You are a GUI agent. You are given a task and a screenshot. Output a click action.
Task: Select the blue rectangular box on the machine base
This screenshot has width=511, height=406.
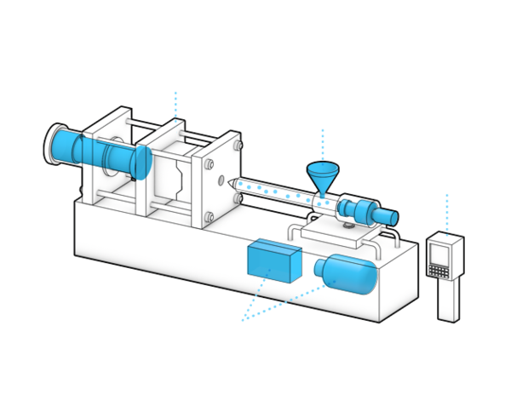pos(273,262)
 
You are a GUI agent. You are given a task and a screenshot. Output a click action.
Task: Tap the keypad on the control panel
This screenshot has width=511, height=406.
pos(440,271)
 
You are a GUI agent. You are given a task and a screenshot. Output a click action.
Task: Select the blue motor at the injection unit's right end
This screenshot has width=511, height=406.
pos(375,212)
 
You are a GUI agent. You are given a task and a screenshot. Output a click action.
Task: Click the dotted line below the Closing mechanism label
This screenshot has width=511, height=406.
pos(176,103)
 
